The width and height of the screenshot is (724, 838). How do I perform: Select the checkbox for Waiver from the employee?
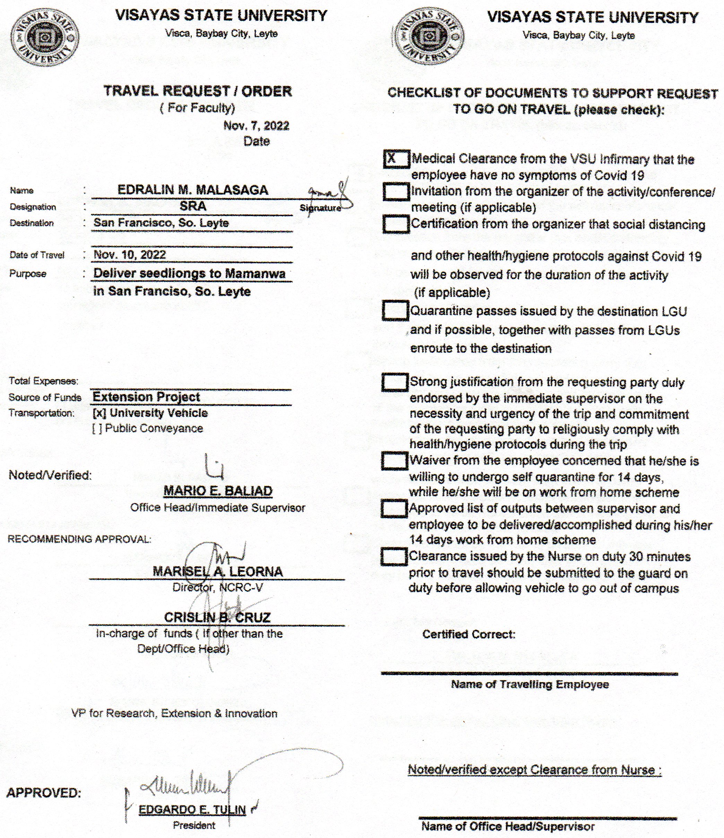(394, 461)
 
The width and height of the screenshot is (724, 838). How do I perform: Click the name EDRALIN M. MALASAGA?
(192, 190)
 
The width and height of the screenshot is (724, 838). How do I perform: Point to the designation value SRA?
(193, 206)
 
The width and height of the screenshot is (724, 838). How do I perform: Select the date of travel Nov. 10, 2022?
(130, 254)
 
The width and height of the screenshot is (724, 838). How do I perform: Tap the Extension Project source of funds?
(146, 397)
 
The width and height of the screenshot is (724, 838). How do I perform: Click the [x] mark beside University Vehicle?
(99, 413)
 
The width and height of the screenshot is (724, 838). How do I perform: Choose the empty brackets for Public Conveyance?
(97, 429)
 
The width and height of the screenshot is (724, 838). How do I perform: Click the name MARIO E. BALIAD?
(218, 491)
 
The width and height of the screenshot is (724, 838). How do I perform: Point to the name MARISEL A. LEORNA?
(218, 571)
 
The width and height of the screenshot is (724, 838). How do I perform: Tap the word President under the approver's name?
(194, 825)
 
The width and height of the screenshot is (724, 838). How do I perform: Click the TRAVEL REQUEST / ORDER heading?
(197, 91)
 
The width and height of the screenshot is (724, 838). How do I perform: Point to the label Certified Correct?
(469, 634)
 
